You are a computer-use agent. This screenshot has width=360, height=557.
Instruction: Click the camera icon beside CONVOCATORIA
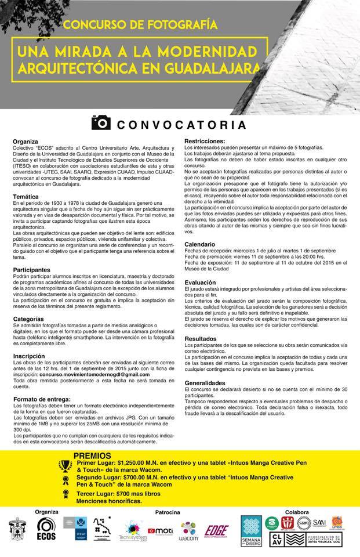pyautogui.click(x=101, y=122)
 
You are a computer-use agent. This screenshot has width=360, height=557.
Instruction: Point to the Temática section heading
pyautogui.click(x=25, y=197)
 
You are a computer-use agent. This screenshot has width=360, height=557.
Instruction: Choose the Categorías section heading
pyautogui.click(x=28, y=319)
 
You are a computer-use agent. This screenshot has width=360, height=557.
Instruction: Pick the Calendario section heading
pyautogui.click(x=200, y=244)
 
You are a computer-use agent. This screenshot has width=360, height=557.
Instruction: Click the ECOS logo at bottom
pyautogui.click(x=46, y=530)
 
